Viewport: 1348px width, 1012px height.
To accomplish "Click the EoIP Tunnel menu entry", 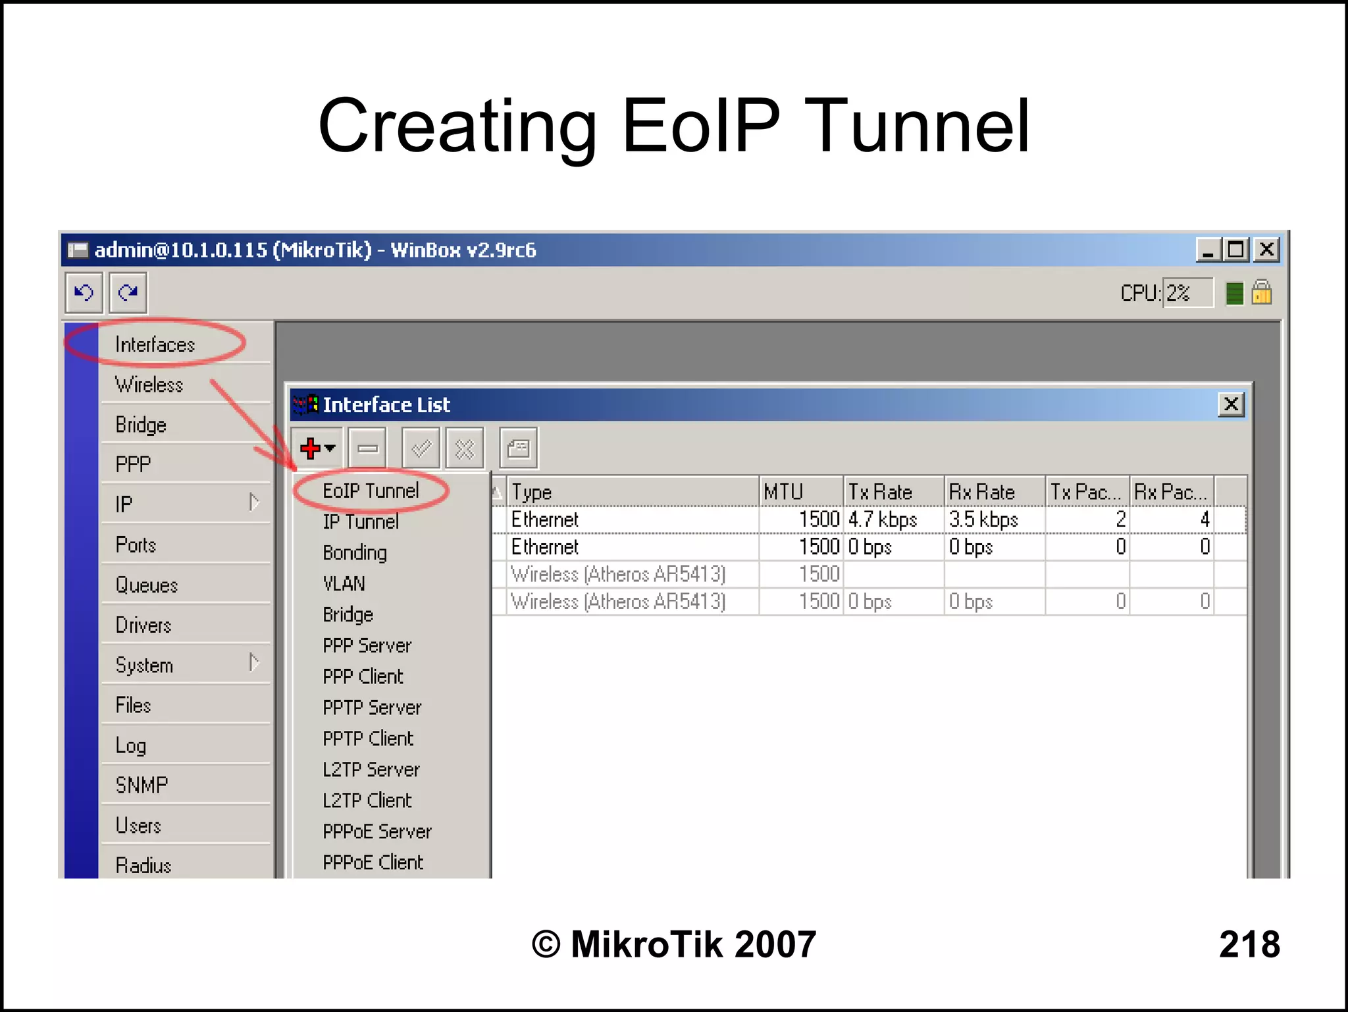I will [x=371, y=491].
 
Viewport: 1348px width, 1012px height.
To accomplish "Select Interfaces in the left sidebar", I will [x=155, y=344].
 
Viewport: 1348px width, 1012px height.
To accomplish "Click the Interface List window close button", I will [x=1231, y=404].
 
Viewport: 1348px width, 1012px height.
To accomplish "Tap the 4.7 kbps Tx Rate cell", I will [x=882, y=519].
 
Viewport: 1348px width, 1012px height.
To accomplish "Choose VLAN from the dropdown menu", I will [x=344, y=583].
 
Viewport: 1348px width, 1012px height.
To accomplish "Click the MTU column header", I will [x=783, y=492].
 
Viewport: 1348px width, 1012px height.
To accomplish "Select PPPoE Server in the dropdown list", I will [x=377, y=832].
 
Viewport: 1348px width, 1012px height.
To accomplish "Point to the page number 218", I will [x=1249, y=944].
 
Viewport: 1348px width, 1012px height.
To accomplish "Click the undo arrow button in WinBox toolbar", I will [x=84, y=292].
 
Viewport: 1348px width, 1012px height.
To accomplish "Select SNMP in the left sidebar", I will [x=142, y=785].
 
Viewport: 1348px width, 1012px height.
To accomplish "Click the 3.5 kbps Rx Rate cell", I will [x=983, y=519].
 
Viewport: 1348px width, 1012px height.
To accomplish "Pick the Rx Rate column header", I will [x=981, y=492].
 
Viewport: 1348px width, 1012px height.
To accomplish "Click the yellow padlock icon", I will [x=1261, y=292].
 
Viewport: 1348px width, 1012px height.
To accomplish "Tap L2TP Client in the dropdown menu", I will [x=367, y=801].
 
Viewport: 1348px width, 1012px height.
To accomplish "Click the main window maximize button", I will [x=1236, y=250].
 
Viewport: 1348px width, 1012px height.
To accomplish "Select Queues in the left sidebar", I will [x=147, y=585].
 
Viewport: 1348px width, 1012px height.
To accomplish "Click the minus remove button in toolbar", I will [x=367, y=449].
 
